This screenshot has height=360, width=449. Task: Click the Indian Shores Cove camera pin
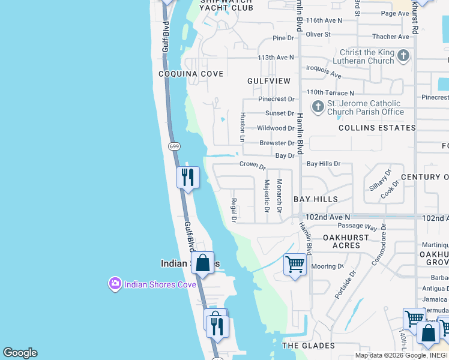(x=115, y=284)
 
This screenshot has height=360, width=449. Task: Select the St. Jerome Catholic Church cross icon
(x=318, y=107)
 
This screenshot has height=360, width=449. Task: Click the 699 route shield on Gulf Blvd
(x=174, y=146)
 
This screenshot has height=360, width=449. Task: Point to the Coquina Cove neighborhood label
(x=191, y=74)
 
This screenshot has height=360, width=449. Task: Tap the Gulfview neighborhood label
(x=268, y=80)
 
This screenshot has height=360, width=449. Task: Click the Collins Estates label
(x=377, y=128)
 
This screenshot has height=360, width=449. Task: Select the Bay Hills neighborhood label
(x=316, y=199)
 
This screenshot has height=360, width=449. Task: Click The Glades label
(x=309, y=346)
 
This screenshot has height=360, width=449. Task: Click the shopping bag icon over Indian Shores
(x=203, y=262)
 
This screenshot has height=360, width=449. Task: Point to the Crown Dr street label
(x=252, y=164)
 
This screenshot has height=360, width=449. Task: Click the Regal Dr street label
(x=234, y=209)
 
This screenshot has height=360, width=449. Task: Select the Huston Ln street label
(x=243, y=127)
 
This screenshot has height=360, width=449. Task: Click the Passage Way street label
(x=357, y=227)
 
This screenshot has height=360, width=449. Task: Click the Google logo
(x=20, y=353)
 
